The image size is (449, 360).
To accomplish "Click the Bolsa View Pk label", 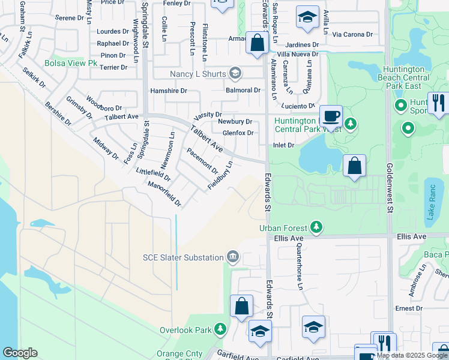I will [x=71, y=62].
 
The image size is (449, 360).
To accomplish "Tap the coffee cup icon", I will [x=330, y=115].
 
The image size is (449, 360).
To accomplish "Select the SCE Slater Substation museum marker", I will [x=232, y=257].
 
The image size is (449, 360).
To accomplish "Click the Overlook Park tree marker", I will [x=221, y=329].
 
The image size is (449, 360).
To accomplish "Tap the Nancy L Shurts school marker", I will [x=235, y=74].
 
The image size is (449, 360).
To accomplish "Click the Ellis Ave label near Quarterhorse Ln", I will [x=289, y=238].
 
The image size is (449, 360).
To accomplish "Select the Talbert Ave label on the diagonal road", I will [x=206, y=139].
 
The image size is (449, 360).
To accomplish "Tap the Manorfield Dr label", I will [x=164, y=194].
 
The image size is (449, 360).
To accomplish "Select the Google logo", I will [x=20, y=353].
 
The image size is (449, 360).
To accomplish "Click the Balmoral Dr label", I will [x=243, y=91].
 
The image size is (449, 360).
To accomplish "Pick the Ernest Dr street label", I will [x=409, y=308].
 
